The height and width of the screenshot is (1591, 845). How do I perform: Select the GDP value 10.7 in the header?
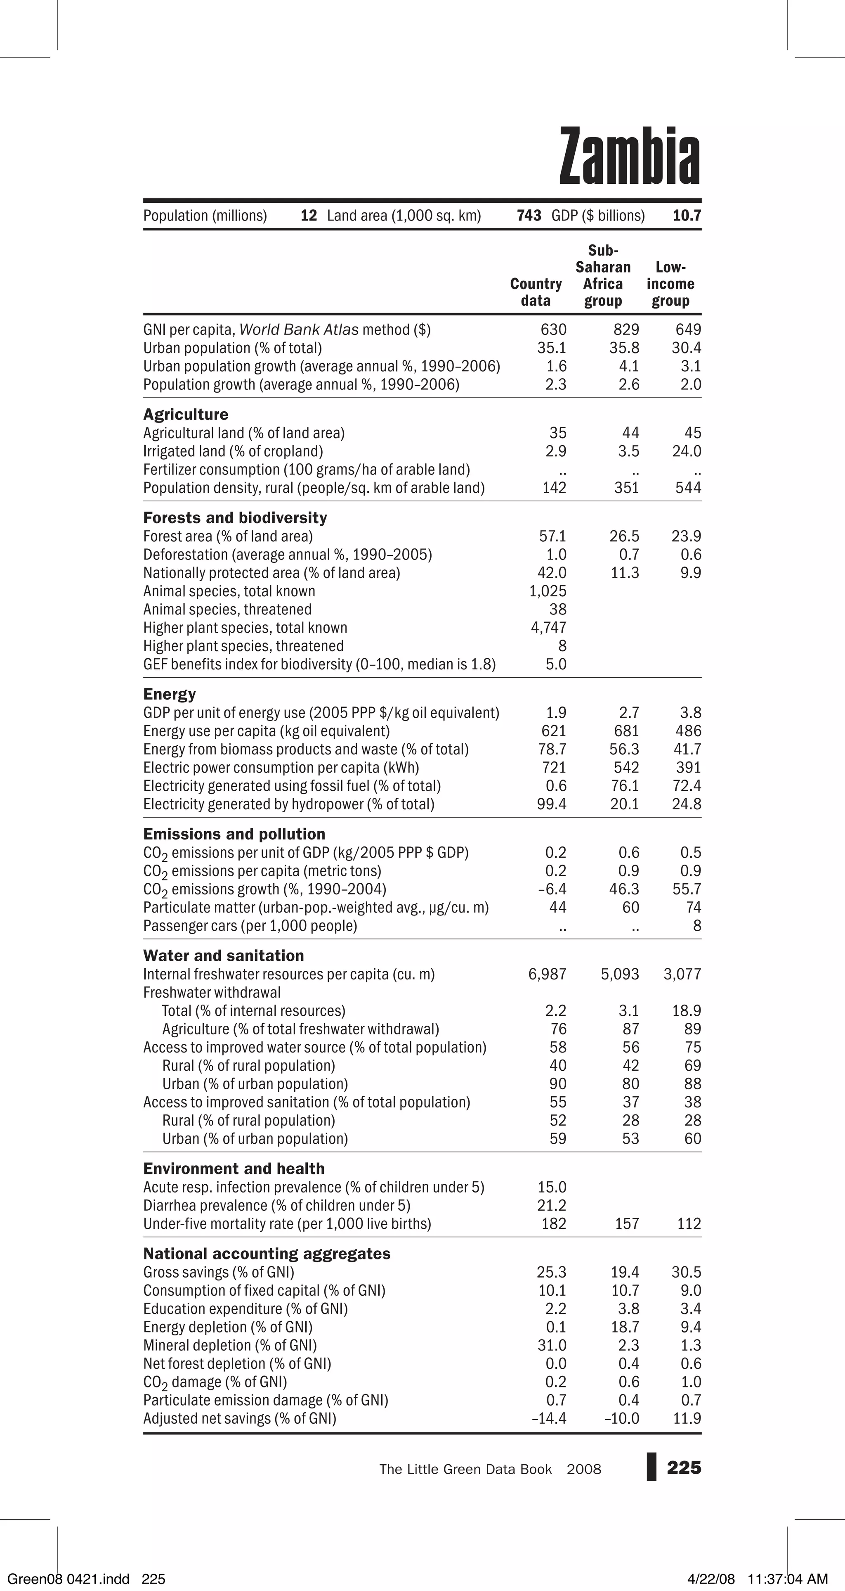[687, 216]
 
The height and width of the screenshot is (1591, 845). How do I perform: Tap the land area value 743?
[529, 216]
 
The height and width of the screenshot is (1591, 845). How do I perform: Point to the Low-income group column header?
[670, 284]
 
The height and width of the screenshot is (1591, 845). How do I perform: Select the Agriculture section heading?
[185, 415]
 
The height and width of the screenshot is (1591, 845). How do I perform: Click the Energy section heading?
[169, 694]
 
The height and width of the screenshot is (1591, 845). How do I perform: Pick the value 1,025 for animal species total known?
[548, 591]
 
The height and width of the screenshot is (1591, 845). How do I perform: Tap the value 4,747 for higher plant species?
[548, 628]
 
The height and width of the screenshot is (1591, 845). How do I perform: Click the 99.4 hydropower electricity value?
[551, 804]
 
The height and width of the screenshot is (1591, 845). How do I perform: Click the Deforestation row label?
[287, 555]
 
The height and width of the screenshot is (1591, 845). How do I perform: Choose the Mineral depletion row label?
[230, 1345]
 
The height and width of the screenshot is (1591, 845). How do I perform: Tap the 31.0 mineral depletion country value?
[551, 1345]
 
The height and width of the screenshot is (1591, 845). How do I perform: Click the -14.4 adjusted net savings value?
[549, 1418]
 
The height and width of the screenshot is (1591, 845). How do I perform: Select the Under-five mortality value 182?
[554, 1223]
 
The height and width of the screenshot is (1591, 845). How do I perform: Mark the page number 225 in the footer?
[684, 1468]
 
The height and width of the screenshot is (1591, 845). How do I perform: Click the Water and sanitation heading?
[224, 956]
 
